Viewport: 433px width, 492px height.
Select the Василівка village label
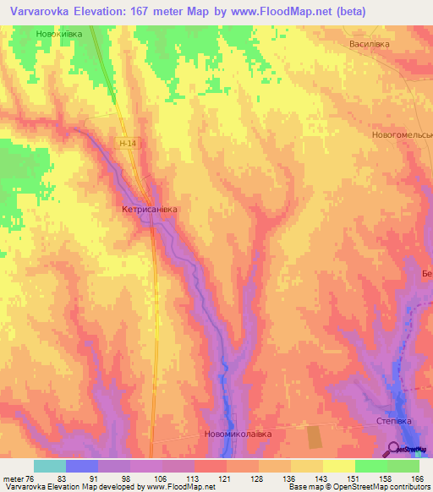click(370, 43)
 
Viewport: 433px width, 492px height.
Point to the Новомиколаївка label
click(238, 435)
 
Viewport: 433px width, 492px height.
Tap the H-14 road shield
click(128, 144)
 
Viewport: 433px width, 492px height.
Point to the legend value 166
click(414, 479)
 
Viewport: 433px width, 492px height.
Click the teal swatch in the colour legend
click(50, 466)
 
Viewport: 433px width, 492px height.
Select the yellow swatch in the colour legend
click(339, 466)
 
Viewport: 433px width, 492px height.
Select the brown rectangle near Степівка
click(314, 437)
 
